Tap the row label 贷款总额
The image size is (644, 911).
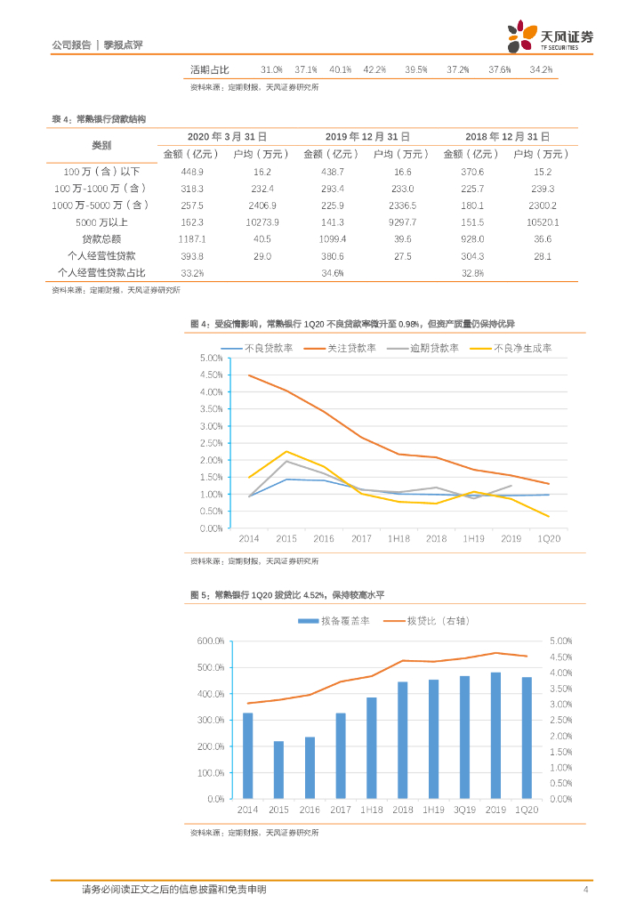pos(101,238)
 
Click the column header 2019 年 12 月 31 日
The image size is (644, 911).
pos(367,137)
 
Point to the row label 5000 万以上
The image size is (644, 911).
pos(101,222)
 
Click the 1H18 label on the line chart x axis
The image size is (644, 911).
pos(399,539)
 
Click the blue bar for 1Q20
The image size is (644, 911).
pos(527,738)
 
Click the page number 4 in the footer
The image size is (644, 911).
pos(585,890)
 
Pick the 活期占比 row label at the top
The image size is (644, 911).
pos(210,69)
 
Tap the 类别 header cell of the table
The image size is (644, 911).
pos(101,145)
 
